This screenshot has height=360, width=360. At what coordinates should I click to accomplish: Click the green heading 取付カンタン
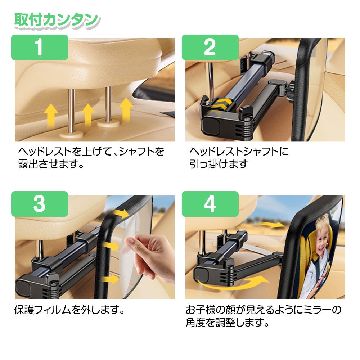click(57, 21)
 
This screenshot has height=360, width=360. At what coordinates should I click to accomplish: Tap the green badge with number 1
click(40, 47)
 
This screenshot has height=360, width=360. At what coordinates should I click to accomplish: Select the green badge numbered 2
click(210, 47)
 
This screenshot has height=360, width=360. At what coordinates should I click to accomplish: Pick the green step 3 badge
click(40, 204)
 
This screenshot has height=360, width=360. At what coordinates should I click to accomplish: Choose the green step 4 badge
click(210, 204)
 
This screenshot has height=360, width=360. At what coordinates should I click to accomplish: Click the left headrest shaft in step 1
click(71, 111)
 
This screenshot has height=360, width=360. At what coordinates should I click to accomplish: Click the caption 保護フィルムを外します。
click(69, 310)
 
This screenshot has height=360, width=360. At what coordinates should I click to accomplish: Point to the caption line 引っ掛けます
click(219, 164)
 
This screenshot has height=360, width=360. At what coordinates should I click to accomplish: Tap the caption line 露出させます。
click(51, 164)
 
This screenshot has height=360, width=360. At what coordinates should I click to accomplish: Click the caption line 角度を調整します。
click(227, 322)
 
